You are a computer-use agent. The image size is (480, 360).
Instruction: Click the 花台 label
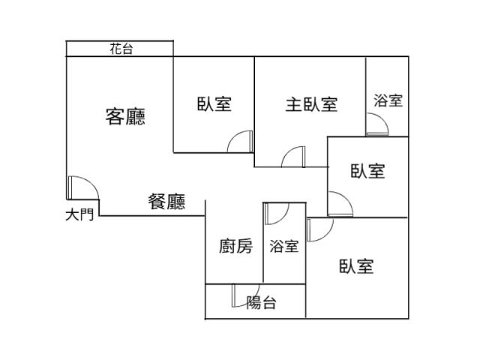point(121,49)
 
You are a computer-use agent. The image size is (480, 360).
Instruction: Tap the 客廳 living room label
point(125,116)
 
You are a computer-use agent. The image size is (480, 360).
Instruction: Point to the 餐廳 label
point(166,202)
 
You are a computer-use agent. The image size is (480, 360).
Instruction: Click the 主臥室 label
point(310,104)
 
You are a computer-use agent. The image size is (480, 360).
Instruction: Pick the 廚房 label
point(235,246)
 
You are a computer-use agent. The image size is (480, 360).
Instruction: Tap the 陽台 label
point(261,303)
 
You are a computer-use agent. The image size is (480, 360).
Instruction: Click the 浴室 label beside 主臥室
point(388,100)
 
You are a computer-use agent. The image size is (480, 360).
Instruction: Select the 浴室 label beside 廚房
point(284,246)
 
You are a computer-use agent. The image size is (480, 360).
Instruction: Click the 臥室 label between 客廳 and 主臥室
point(214,104)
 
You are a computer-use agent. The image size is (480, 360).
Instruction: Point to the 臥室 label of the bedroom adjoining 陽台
point(356,266)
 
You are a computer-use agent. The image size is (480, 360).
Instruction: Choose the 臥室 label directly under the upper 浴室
point(367,171)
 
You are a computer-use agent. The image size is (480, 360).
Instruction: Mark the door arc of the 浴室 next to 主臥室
point(376,125)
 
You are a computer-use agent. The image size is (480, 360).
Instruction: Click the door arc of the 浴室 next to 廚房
point(275,213)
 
